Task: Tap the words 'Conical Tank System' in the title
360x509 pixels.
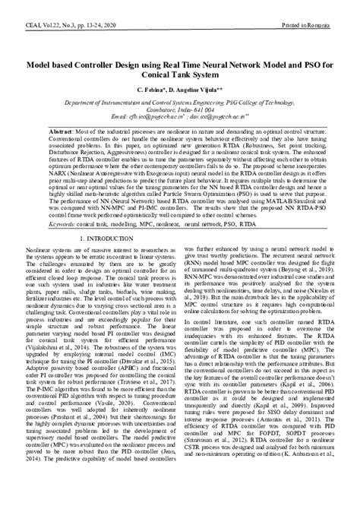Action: pyautogui.click(x=180, y=76)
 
